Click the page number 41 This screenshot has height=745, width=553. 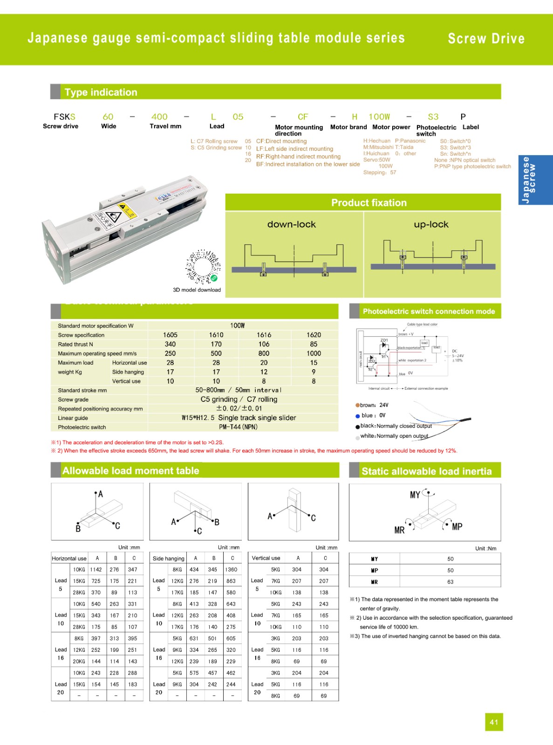[x=494, y=722]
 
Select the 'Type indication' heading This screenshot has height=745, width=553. [x=101, y=92]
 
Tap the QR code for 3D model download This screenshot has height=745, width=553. [x=204, y=267]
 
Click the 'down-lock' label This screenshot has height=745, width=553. [x=292, y=224]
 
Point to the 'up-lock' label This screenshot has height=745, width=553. [x=431, y=224]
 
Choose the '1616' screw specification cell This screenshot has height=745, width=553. [x=264, y=335]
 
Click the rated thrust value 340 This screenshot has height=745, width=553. [x=170, y=344]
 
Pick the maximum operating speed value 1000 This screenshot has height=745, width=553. [x=314, y=353]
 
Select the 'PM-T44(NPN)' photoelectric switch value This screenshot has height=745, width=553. [x=238, y=427]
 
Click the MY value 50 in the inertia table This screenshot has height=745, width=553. [x=450, y=559]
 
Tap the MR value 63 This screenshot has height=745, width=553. [x=450, y=582]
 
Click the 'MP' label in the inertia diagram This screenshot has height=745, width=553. [x=457, y=527]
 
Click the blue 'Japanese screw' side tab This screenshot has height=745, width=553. [x=535, y=180]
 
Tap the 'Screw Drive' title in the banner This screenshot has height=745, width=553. [x=486, y=39]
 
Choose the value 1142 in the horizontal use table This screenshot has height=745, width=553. [x=96, y=569]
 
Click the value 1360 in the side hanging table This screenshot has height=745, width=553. [x=231, y=569]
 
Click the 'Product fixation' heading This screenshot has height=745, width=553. [x=369, y=203]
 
